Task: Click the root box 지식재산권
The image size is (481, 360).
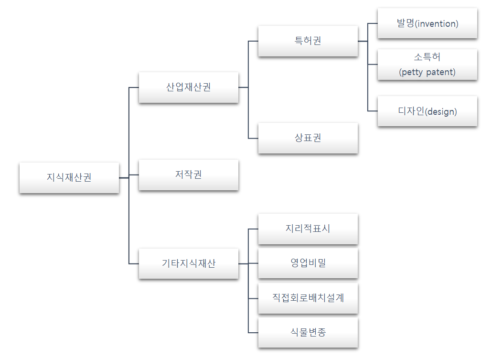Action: coord(69,177)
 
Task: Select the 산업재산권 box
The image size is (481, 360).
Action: coord(188,87)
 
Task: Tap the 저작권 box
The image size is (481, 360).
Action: coord(188,175)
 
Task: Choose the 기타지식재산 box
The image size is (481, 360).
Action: coord(188,263)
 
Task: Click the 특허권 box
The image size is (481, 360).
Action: coord(308,41)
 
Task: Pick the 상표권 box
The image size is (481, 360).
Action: coord(308,138)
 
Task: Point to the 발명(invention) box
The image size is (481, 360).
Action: coord(427,23)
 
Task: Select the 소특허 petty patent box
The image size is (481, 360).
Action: coord(427,65)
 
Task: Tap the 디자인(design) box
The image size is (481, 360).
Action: coord(427,111)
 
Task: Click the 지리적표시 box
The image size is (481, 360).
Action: coord(308,229)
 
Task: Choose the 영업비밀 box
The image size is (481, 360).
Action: coord(308,262)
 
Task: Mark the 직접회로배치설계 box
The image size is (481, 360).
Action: coord(308,298)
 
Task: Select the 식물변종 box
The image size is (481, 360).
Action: coord(308,332)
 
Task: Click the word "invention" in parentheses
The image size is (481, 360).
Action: coord(437,24)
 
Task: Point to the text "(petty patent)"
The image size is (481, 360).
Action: coord(427,73)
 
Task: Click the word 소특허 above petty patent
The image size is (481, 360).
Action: coord(427,57)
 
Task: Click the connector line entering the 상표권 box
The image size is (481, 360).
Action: coord(253,138)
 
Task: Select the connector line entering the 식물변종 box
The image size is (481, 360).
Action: coord(253,332)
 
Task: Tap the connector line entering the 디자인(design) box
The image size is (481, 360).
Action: coord(373,111)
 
